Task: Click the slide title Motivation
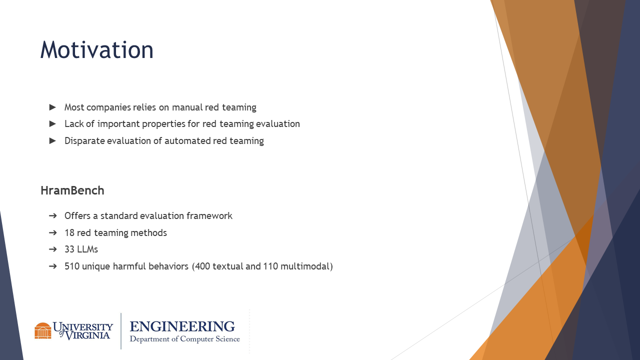(x=97, y=50)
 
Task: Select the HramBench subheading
(x=72, y=190)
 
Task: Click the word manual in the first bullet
(x=187, y=107)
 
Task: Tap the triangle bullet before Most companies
(x=52, y=107)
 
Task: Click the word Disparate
(x=84, y=141)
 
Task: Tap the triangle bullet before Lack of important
(x=52, y=123)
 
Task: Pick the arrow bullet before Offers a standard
(x=53, y=215)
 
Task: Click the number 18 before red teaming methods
(x=69, y=233)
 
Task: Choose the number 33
(x=69, y=249)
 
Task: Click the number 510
(x=72, y=266)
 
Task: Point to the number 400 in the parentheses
(x=202, y=266)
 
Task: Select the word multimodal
(x=305, y=266)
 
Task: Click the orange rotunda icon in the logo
(x=43, y=330)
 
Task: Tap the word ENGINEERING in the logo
(x=182, y=326)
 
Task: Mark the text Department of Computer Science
(x=185, y=339)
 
